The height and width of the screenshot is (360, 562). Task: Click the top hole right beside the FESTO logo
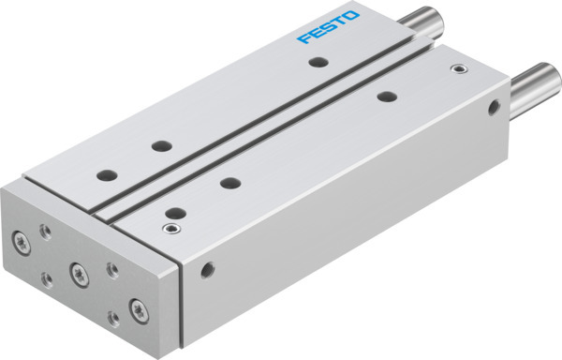click(318, 63)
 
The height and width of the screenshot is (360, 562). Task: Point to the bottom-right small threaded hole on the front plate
click(112, 320)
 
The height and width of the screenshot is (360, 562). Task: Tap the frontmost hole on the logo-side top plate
click(106, 174)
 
